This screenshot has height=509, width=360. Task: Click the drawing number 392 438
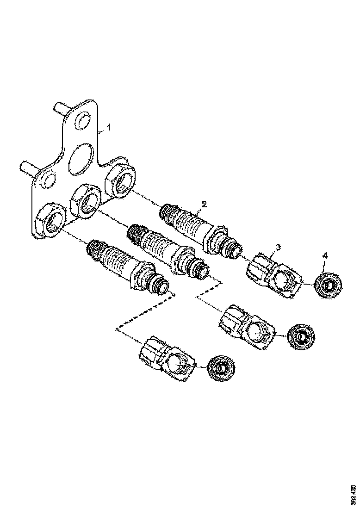click(x=354, y=495)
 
